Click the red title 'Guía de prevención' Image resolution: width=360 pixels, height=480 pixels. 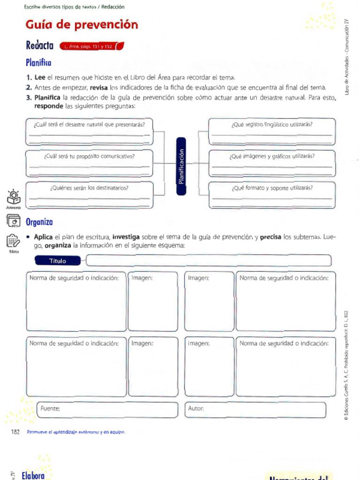82,24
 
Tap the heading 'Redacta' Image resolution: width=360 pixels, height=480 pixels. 40,45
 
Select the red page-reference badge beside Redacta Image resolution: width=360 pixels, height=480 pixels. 91,46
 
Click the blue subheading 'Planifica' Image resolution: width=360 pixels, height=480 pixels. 38,62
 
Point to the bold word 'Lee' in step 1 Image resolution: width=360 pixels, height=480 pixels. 40,77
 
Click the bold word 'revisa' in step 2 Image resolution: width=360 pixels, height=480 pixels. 99,88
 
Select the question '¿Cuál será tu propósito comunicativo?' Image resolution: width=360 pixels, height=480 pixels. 89,156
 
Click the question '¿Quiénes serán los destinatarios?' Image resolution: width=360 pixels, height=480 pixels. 89,187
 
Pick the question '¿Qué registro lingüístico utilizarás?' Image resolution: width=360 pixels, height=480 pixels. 272,124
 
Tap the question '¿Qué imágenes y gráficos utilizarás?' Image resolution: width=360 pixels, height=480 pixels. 272,156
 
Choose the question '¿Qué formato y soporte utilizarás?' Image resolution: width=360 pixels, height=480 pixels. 272,187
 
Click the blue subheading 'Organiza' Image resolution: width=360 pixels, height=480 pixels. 39,222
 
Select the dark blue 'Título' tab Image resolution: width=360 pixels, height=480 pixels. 58,261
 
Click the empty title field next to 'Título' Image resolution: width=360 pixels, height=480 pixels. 209,260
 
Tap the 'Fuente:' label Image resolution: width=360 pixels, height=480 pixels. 50,408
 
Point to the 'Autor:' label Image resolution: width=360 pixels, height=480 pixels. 196,408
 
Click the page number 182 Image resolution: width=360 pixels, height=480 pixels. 15,432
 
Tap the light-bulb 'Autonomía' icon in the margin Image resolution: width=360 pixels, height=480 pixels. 13,198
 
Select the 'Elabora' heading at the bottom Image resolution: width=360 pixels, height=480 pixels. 33,475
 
